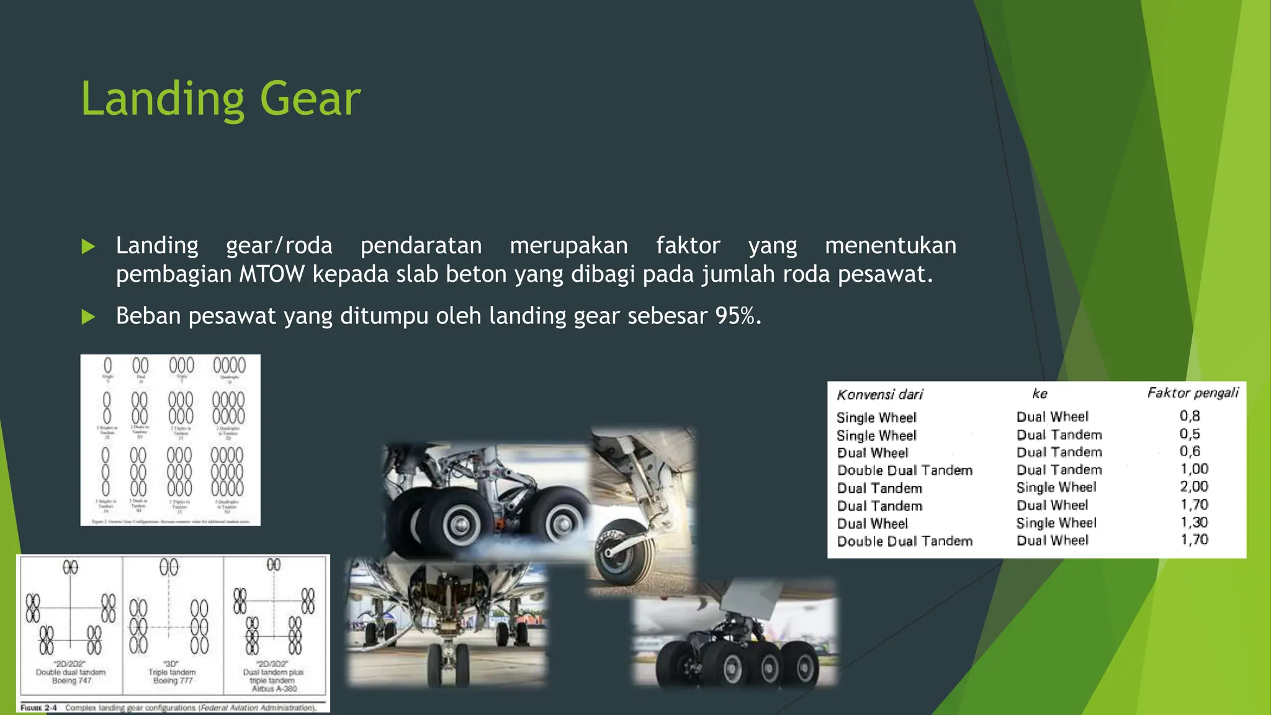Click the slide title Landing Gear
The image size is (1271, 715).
220,99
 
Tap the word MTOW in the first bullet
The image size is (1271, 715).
272,274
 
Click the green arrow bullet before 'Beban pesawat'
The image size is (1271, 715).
89,317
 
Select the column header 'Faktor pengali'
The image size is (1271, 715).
1192,392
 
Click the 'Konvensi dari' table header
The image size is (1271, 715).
879,395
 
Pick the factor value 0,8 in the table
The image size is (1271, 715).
1190,416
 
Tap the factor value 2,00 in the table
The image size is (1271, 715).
1193,487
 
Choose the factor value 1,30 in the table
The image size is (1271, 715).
1193,522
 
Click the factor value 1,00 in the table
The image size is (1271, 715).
1193,469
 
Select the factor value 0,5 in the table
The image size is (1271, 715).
1190,434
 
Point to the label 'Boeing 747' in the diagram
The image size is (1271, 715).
71,681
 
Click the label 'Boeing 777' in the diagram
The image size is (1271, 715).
173,681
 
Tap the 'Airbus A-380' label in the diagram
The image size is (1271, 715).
274,688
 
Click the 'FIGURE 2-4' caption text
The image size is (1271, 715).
38,708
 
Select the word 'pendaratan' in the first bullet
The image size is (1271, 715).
421,246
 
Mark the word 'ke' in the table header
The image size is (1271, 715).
1040,393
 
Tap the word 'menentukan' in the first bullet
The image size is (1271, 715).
890,246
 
